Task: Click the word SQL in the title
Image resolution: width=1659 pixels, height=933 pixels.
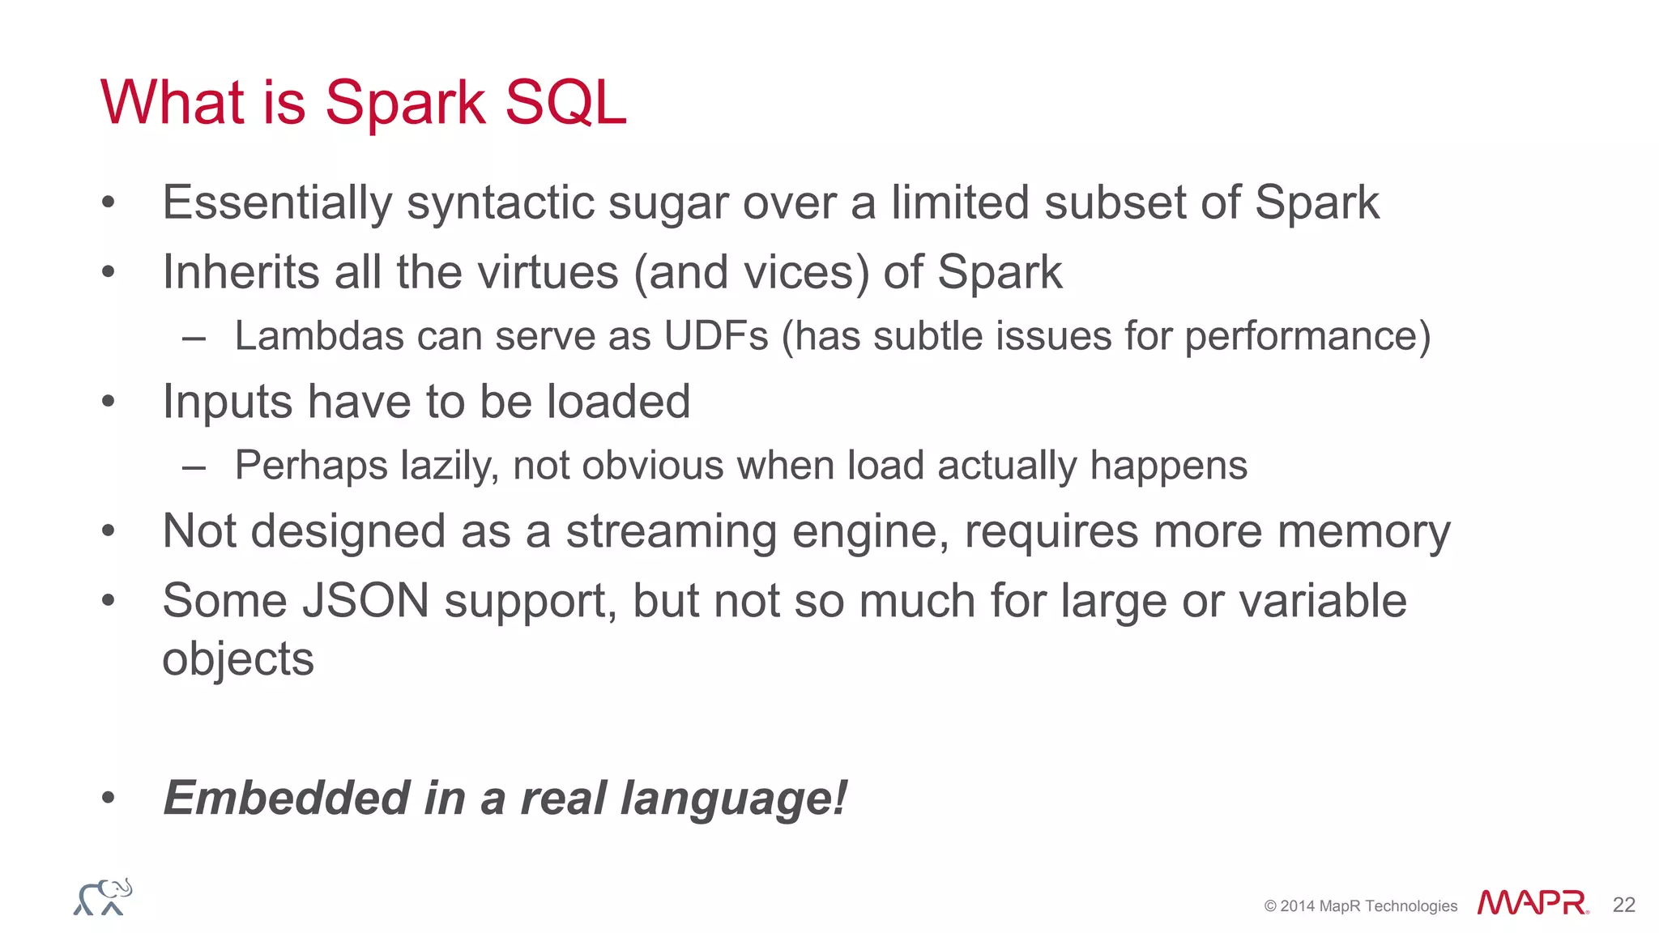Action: click(565, 104)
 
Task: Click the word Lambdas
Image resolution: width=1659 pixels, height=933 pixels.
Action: click(318, 336)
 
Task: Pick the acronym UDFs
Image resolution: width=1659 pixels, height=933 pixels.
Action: click(715, 336)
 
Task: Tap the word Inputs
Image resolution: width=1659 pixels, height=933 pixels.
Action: click(227, 403)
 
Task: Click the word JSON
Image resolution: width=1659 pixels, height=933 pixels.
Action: click(365, 602)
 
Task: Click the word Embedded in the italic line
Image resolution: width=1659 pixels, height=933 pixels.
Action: click(286, 799)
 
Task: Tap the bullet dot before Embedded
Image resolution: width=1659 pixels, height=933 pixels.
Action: click(109, 799)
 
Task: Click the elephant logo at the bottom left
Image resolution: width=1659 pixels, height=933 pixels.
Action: click(103, 897)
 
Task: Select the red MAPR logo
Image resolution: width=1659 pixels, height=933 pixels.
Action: click(1532, 904)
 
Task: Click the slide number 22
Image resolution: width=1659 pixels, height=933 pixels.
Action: click(1623, 905)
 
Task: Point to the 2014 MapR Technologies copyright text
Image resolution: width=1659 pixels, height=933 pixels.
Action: click(1360, 906)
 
